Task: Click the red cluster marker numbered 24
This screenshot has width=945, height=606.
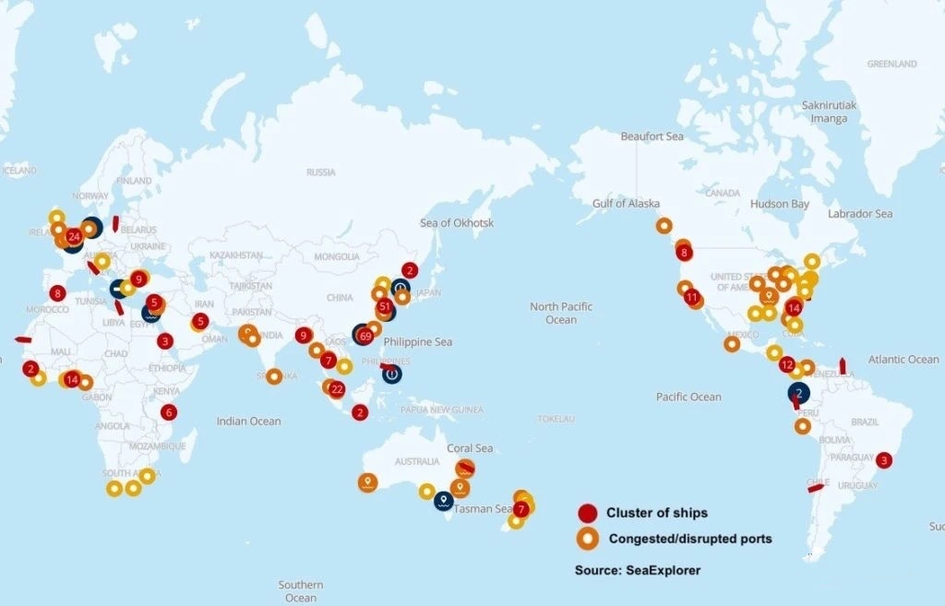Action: tap(74, 236)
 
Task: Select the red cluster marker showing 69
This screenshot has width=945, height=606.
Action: tap(365, 336)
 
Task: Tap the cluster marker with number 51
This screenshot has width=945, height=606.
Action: tap(385, 306)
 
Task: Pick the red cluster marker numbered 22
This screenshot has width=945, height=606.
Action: tap(337, 389)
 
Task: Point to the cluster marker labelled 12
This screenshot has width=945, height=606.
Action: tap(787, 365)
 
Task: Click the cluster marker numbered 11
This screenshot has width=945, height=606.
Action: tap(692, 297)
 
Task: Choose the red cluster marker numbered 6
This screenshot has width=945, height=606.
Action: tap(169, 412)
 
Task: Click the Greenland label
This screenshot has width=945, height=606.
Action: tap(891, 64)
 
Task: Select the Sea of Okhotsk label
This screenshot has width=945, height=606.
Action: tap(457, 223)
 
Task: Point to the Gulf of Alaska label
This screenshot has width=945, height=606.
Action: tap(627, 203)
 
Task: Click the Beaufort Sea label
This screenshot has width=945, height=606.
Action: tap(652, 137)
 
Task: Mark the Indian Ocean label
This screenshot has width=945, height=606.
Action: tap(248, 422)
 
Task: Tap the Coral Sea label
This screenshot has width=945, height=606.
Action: tap(470, 448)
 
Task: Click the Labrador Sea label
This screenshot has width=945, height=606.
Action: tap(860, 214)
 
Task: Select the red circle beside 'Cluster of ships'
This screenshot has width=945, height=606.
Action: tap(588, 514)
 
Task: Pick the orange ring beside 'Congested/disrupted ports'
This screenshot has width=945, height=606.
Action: tap(588, 538)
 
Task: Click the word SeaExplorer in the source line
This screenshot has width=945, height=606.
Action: tap(663, 571)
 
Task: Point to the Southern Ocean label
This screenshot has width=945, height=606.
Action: tap(301, 591)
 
